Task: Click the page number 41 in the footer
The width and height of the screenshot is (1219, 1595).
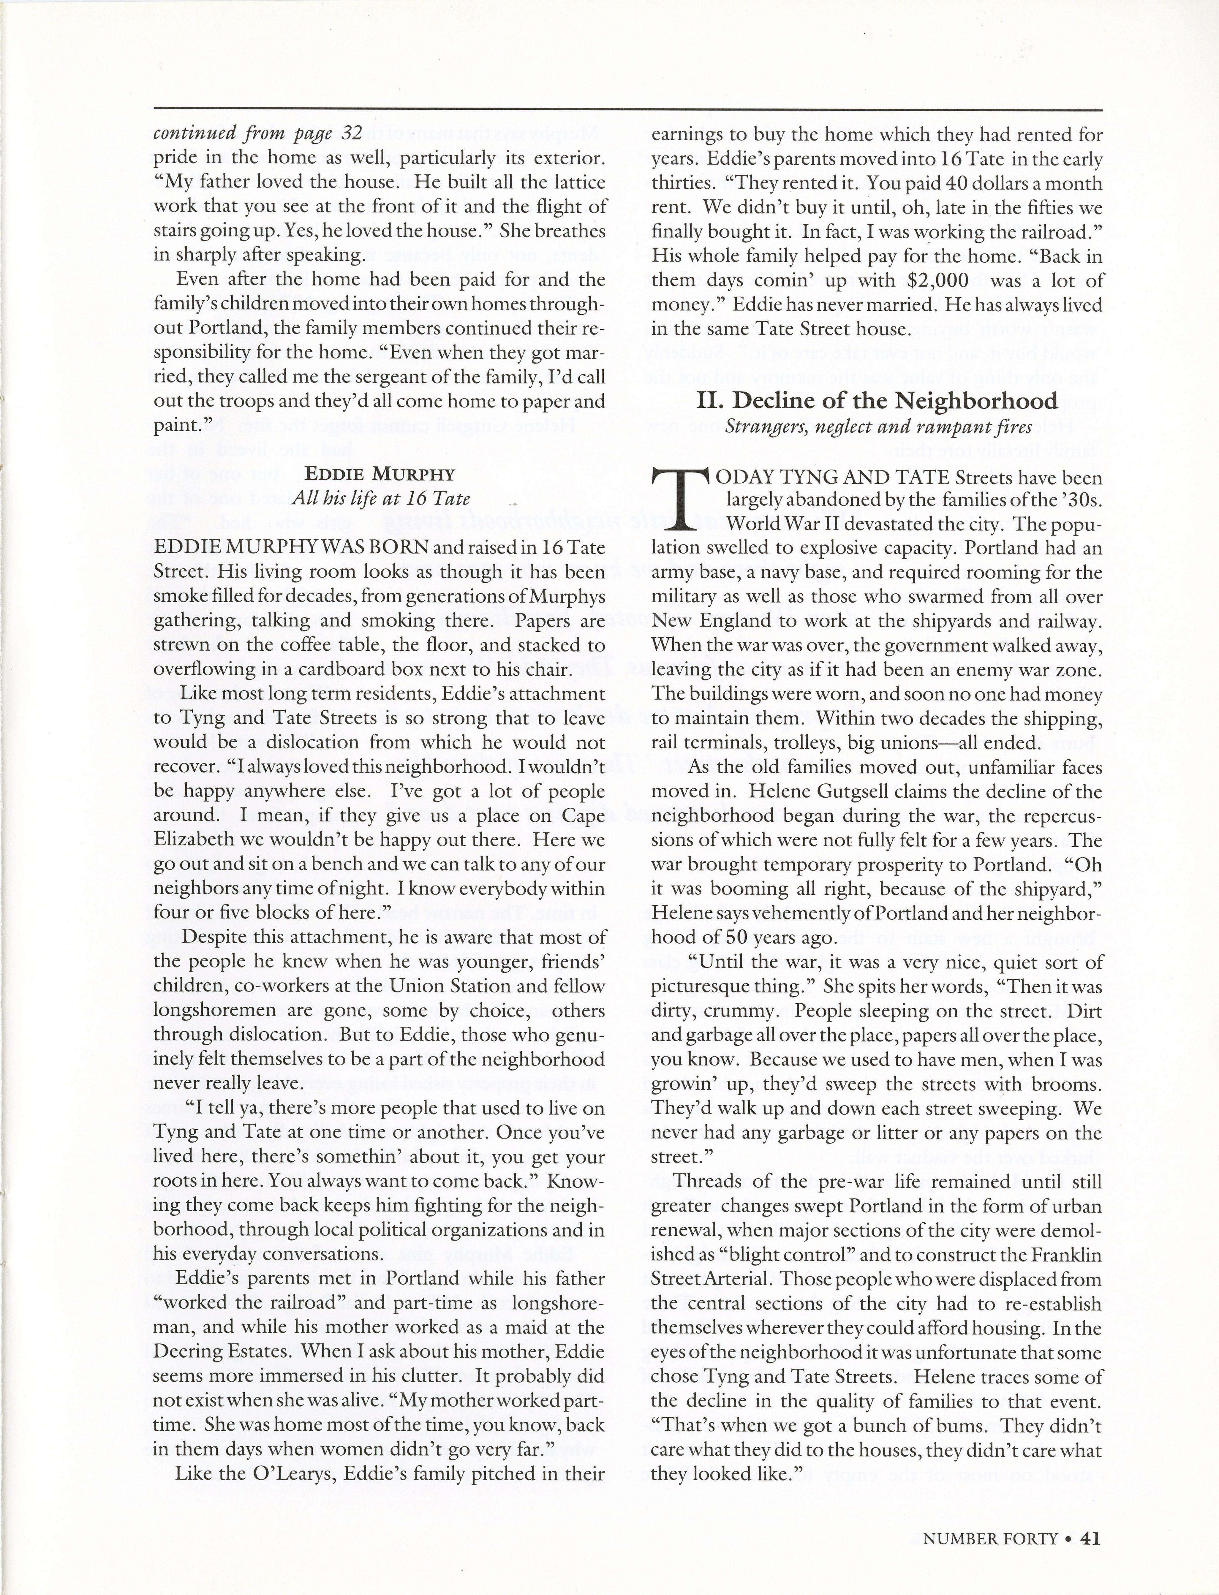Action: (1091, 1532)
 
